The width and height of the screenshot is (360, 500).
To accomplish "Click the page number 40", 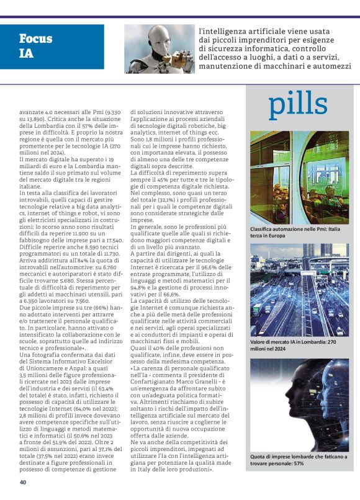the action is [x=23, y=483].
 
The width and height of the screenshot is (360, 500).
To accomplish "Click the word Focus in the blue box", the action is [x=36, y=38].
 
